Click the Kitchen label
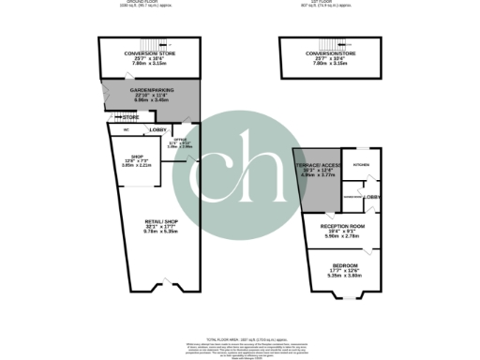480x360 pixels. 361,164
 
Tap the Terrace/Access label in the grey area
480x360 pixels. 315,163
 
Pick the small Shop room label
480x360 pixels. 136,157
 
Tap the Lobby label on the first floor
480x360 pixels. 371,197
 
